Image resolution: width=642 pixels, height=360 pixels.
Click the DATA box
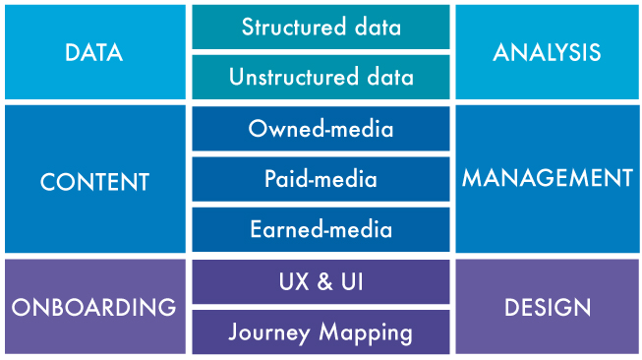click(x=94, y=51)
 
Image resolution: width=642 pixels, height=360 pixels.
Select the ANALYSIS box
click(x=547, y=51)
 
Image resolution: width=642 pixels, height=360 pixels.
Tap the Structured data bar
click(x=321, y=27)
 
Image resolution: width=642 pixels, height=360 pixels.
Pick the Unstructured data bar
click(x=321, y=77)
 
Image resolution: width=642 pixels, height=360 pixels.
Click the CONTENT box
click(x=94, y=181)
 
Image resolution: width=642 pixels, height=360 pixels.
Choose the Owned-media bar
click(x=321, y=129)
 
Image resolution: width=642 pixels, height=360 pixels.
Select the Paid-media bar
click(x=321, y=179)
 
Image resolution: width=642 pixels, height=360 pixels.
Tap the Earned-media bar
click(x=321, y=229)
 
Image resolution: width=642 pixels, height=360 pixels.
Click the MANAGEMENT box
click(x=547, y=178)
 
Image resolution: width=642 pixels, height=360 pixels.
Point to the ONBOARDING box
click(x=94, y=307)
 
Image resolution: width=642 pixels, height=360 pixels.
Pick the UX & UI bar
click(x=321, y=282)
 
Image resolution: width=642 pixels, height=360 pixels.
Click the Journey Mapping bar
click(x=321, y=332)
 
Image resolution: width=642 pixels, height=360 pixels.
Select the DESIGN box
click(x=547, y=307)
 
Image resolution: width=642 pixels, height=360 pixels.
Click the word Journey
click(x=270, y=332)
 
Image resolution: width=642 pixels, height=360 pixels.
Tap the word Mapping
click(x=363, y=332)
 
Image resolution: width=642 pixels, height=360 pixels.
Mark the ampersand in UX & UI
click(x=321, y=282)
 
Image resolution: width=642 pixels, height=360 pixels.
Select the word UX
click(x=292, y=282)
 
